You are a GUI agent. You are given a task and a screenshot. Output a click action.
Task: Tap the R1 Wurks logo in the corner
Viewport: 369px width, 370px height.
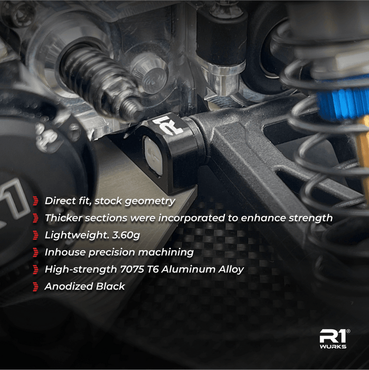point(334,339)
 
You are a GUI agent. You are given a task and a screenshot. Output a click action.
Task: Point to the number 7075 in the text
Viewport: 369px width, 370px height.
point(132,269)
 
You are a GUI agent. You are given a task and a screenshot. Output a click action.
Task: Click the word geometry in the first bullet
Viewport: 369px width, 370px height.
point(150,201)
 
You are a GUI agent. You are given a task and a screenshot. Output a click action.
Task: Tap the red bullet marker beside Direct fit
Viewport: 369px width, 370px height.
point(35,201)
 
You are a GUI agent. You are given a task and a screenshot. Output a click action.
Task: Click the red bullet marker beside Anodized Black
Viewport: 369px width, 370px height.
point(35,286)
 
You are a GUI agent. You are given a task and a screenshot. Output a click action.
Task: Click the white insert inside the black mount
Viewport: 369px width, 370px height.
point(153,156)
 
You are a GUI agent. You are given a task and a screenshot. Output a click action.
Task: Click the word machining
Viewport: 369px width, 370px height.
point(166,253)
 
